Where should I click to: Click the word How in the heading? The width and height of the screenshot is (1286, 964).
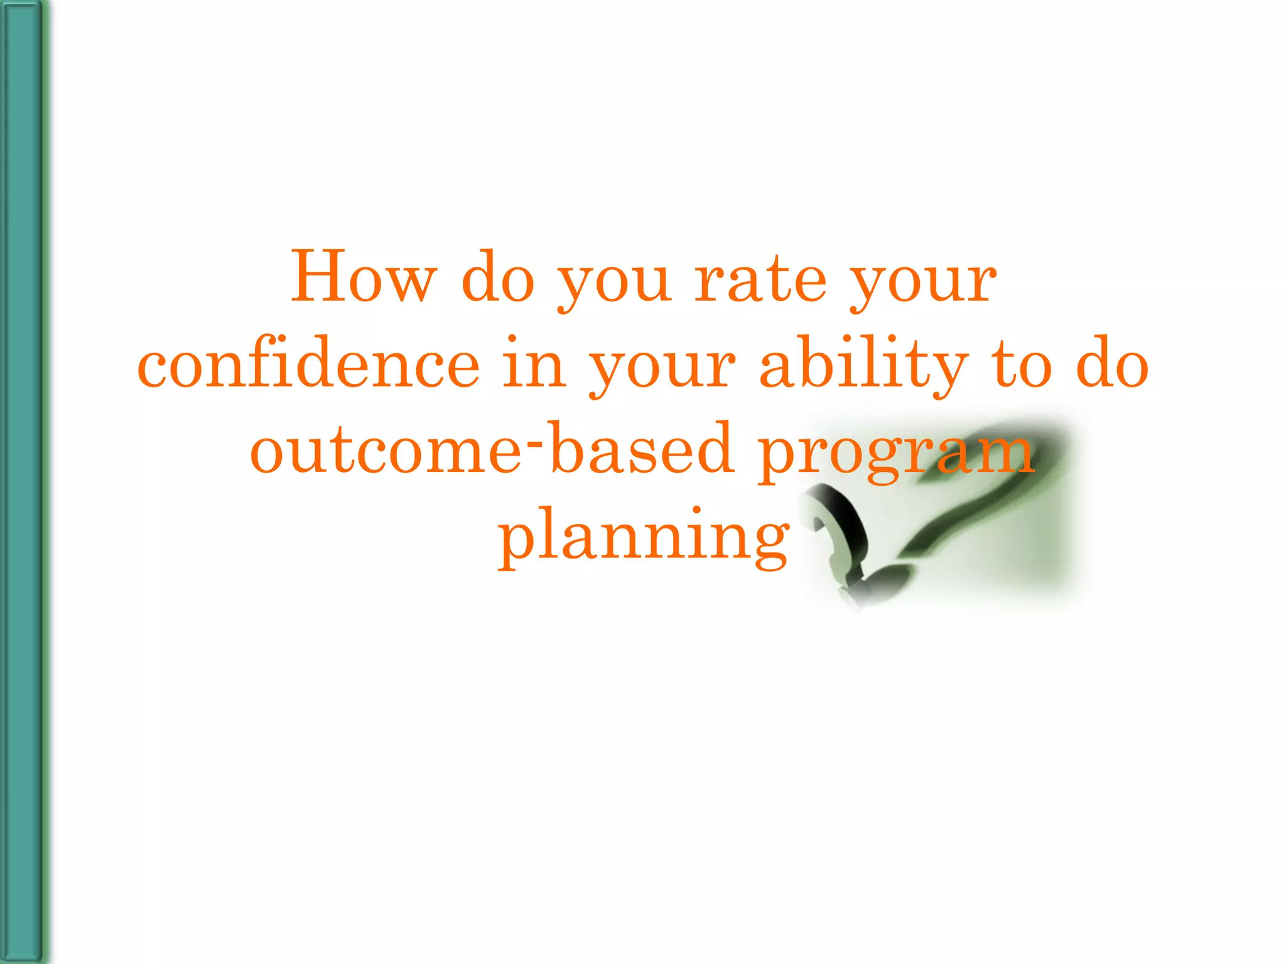363,278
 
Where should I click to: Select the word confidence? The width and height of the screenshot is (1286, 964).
308,365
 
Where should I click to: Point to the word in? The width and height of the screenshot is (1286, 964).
534,365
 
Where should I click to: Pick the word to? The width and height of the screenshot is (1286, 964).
1021,365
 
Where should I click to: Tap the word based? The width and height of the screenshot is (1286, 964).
642,449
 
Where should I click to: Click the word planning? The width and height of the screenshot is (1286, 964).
643,537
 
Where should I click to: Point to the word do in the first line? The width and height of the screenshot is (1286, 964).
497,278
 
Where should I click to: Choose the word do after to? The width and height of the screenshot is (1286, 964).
1112,365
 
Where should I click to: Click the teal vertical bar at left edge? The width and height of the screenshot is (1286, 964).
23,482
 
